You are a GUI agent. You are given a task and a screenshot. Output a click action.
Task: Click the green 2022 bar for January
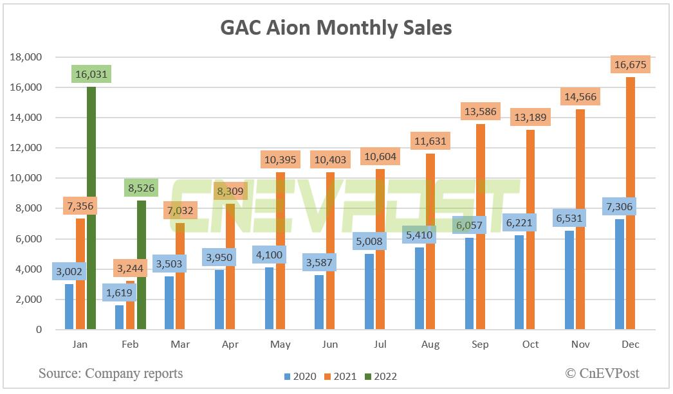pos(91,208)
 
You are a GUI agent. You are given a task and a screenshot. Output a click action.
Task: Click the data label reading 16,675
pos(631,65)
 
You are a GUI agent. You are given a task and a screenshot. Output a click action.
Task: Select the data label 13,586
pos(480,111)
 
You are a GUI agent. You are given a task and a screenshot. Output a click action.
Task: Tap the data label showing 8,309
pos(230,191)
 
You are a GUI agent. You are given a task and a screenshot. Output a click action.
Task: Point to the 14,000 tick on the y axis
pos(26,118)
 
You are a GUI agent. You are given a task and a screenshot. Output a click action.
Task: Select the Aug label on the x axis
pos(430,345)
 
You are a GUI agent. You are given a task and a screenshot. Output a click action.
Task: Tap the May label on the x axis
pos(280,345)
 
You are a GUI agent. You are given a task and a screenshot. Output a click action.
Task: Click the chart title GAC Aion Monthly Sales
pos(336,28)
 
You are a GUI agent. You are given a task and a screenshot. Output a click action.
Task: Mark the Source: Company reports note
pos(110,373)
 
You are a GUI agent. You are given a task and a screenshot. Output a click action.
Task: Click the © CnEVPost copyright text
pos(602,373)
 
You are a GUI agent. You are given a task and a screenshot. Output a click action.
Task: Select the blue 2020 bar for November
pos(570,280)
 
